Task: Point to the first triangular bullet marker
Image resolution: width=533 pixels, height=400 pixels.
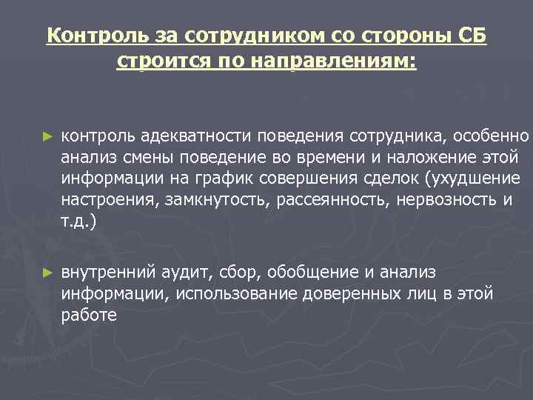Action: pyautogui.click(x=48, y=137)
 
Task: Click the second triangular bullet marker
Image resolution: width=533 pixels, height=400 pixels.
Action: pyautogui.click(x=48, y=273)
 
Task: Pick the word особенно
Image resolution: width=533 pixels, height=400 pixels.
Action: pyautogui.click(x=492, y=137)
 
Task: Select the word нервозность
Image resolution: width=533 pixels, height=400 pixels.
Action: pyautogui.click(x=446, y=200)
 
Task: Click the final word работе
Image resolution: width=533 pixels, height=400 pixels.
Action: pyautogui.click(x=89, y=315)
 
